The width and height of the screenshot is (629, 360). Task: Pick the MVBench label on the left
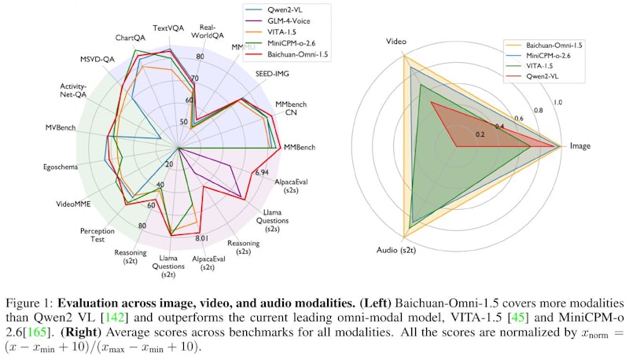(60, 128)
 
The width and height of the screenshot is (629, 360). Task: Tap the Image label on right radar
(580, 146)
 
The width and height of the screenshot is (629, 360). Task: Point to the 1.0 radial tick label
(557, 103)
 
